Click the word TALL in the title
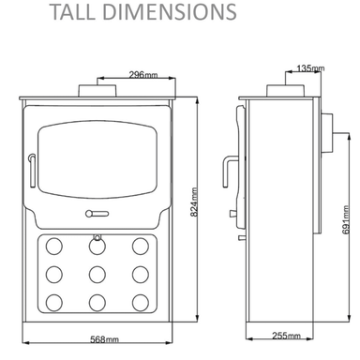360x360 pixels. point(72,12)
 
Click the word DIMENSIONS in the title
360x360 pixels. point(169,12)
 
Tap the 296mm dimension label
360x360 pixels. point(143,75)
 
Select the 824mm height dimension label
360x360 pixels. point(194,202)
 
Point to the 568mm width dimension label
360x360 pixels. point(104,339)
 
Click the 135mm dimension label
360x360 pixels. point(310,67)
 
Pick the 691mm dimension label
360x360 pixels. point(345,219)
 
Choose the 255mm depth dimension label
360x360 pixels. point(286,336)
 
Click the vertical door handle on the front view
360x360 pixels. point(32,171)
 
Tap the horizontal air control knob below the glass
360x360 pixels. point(97,214)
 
